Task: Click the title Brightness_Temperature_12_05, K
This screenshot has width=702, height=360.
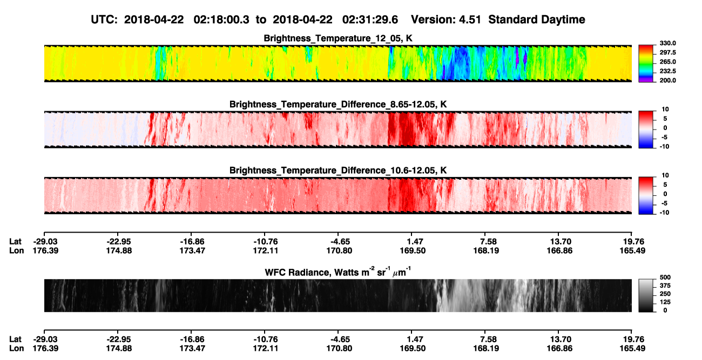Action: [338, 38]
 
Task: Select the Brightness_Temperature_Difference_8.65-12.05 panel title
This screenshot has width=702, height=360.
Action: [338, 104]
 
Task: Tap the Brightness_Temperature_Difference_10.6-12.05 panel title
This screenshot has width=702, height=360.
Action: [338, 171]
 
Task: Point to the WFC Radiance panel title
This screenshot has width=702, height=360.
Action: [338, 271]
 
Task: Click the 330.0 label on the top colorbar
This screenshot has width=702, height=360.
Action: [667, 43]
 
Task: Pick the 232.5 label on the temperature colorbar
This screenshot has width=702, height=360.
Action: [667, 71]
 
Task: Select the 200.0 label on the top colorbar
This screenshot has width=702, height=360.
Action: [667, 80]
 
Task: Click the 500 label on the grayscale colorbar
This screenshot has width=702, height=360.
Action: [665, 277]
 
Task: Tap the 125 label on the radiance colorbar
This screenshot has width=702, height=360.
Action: [665, 302]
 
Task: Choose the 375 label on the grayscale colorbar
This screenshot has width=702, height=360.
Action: [665, 286]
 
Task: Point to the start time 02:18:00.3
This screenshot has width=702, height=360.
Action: [221, 19]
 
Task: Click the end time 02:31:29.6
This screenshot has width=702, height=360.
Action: [370, 19]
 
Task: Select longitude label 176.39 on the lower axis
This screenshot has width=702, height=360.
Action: [45, 349]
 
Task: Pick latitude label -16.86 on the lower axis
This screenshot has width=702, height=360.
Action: [192, 339]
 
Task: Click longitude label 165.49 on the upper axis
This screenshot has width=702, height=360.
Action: [632, 250]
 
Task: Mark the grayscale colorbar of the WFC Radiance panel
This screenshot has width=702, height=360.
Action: [646, 295]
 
